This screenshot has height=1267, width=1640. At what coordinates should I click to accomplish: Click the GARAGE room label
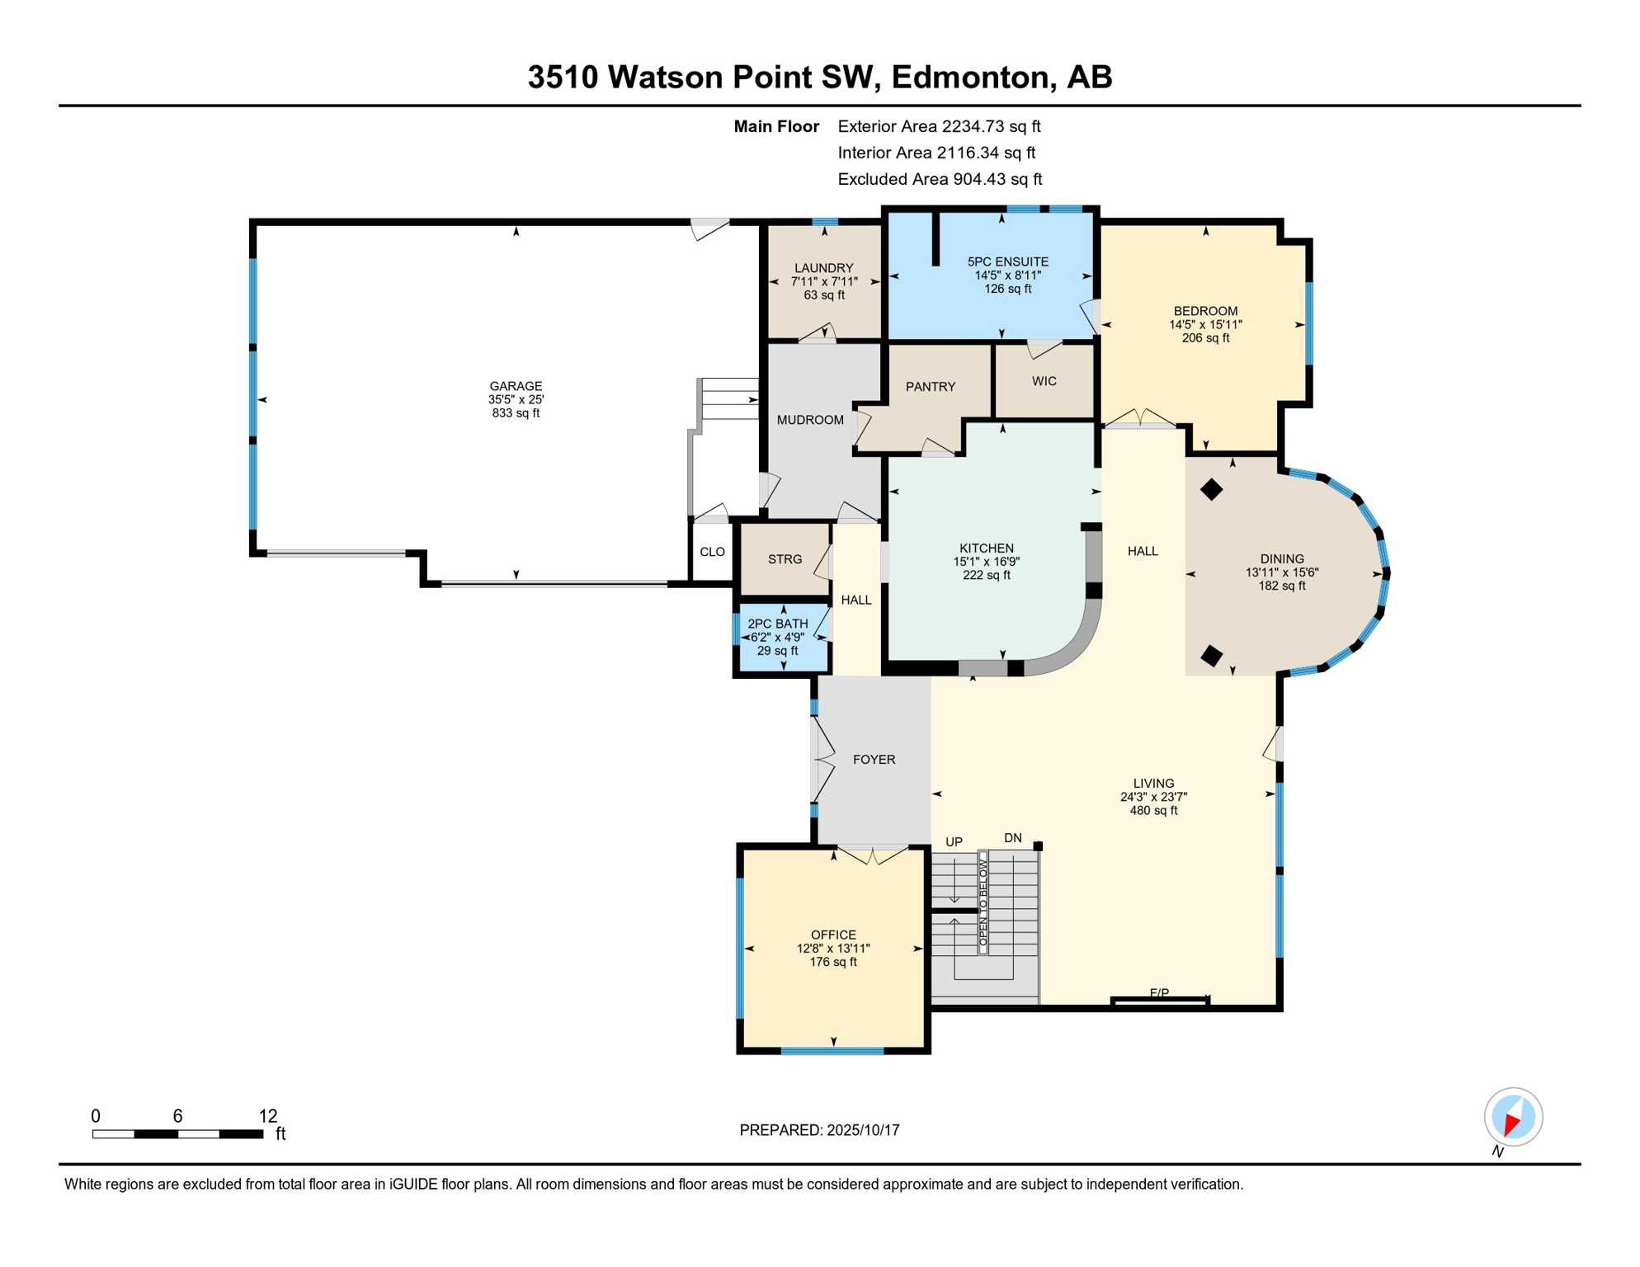click(x=516, y=386)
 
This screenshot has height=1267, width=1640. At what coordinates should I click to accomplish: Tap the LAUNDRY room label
click(x=823, y=268)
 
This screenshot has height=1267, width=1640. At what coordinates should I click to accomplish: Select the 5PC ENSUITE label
click(x=1007, y=261)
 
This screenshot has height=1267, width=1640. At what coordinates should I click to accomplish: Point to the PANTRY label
click(x=931, y=387)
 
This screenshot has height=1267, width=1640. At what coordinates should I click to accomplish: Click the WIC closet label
click(x=1044, y=381)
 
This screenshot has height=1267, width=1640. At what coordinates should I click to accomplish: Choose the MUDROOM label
click(x=810, y=420)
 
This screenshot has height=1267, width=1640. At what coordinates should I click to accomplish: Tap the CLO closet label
click(x=713, y=552)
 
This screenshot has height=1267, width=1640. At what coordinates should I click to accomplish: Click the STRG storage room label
click(x=785, y=559)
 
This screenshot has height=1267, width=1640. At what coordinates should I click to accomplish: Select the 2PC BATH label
click(x=778, y=624)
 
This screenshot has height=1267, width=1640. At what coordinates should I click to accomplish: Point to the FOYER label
click(x=874, y=760)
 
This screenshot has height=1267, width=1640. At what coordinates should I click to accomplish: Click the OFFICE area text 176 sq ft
click(x=833, y=962)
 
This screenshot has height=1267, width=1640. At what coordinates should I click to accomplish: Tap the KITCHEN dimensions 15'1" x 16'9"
click(x=987, y=562)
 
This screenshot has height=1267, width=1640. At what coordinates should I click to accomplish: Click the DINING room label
click(x=1282, y=558)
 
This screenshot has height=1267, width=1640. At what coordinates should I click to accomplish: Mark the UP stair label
click(x=954, y=842)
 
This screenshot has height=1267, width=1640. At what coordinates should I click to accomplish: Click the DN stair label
click(x=1013, y=838)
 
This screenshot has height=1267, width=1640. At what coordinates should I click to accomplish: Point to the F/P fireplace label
click(x=1159, y=993)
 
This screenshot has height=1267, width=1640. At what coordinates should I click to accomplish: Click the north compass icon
click(x=1513, y=1117)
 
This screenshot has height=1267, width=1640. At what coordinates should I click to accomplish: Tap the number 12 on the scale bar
click(x=268, y=1116)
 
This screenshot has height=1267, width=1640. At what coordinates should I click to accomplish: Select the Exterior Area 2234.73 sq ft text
click(x=939, y=126)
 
